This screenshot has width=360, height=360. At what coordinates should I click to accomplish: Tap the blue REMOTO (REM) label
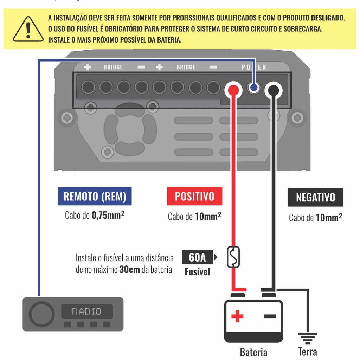(95, 196)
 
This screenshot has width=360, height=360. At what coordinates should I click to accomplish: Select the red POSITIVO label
(194, 196)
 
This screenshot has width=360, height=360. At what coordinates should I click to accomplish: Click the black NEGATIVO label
(315, 197)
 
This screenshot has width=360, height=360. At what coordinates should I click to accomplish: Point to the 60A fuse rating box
(197, 258)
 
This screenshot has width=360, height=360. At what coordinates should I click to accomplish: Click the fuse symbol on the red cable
(233, 257)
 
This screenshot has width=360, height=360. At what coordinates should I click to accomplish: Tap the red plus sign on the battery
(237, 316)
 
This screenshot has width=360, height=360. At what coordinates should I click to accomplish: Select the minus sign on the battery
(270, 316)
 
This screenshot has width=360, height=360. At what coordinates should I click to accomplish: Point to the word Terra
(308, 352)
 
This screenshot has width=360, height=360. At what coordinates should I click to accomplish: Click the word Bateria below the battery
(253, 352)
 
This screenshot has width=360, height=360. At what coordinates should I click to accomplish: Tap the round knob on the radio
(42, 314)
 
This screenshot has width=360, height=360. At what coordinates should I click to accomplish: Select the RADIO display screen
(87, 311)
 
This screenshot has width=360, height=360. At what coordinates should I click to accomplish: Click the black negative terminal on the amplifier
(273, 91)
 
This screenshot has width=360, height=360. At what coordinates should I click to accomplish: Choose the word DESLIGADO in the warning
(328, 18)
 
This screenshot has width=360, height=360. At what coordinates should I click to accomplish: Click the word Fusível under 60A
(197, 272)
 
